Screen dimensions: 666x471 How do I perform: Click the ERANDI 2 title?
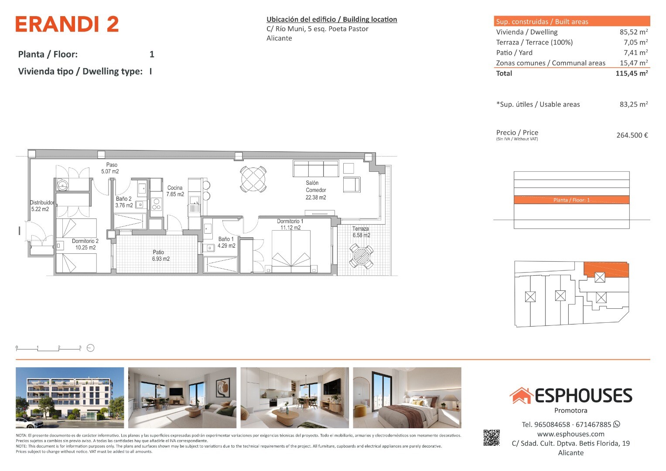click(x=67, y=24)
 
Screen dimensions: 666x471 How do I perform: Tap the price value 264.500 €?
click(x=632, y=135)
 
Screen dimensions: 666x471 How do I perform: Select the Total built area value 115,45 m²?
click(x=632, y=73)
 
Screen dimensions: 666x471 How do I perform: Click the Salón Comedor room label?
click(x=316, y=190)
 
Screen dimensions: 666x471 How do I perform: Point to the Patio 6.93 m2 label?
click(x=161, y=256)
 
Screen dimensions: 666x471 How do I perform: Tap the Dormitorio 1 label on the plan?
click(x=290, y=224)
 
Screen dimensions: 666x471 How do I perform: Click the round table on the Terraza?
click(x=361, y=256)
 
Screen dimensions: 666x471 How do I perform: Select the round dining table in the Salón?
click(x=253, y=179)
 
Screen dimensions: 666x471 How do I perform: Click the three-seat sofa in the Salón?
click(x=316, y=169)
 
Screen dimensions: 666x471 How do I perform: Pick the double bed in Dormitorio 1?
click(x=291, y=252)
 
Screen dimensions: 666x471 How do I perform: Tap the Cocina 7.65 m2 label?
click(x=175, y=191)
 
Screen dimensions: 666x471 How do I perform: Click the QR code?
click(x=492, y=438)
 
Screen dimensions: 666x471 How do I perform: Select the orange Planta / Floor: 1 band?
click(x=571, y=200)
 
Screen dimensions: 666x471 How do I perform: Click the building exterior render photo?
click(x=70, y=398)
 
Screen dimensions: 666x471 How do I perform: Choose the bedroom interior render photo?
click(x=407, y=398)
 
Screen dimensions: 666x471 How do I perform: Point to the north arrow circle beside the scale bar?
click(x=90, y=348)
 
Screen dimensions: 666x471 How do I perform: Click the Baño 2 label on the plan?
click(x=124, y=202)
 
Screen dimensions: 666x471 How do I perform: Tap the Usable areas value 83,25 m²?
click(x=634, y=104)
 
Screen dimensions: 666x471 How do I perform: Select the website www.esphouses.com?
click(x=570, y=434)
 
